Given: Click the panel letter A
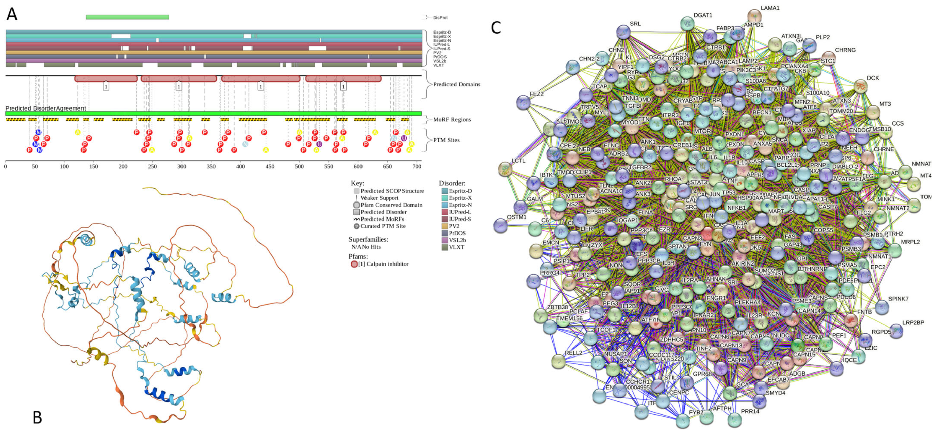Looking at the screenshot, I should (12, 14).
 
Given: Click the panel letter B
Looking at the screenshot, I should (37, 417).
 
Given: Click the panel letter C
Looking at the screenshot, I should (496, 28).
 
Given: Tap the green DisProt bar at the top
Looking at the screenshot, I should (127, 17).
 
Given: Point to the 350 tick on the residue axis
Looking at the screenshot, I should (211, 166).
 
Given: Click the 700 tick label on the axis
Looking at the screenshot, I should (417, 166).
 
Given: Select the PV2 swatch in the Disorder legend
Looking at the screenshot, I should (445, 226).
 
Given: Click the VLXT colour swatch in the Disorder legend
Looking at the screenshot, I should (445, 247).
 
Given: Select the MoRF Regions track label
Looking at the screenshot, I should (452, 119).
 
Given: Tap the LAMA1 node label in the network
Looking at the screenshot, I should (770, 8).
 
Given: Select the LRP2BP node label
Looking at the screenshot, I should (913, 322).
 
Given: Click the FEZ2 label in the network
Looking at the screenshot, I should (536, 94).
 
